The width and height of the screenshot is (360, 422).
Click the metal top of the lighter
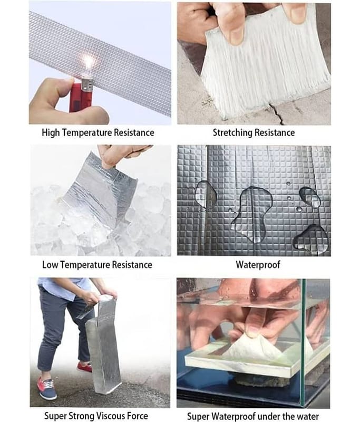(86, 84)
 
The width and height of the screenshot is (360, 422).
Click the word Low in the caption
(50, 265)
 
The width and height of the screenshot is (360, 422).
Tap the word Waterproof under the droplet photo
(258, 265)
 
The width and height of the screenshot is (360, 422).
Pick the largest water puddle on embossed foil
(251, 213)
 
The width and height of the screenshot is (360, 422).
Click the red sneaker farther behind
(84, 367)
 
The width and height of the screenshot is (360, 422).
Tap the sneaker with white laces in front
(46, 388)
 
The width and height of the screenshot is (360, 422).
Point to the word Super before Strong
(55, 416)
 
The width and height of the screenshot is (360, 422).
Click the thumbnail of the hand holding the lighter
(100, 63)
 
